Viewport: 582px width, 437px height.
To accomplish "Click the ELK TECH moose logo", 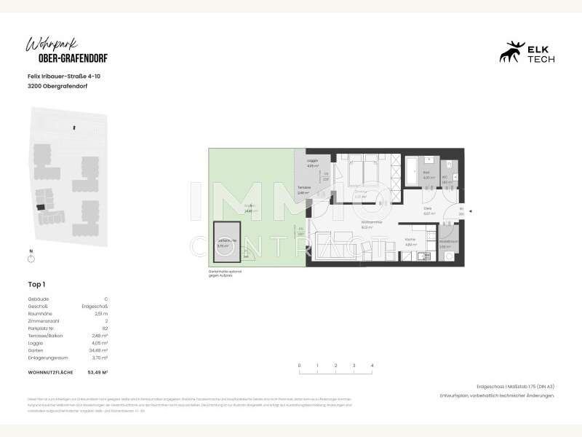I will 512,52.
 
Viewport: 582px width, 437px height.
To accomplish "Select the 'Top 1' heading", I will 36,285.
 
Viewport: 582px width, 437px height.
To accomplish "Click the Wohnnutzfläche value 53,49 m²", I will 97,372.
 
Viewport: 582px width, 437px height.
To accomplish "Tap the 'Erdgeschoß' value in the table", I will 96,307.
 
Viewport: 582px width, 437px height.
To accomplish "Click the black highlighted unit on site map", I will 41,208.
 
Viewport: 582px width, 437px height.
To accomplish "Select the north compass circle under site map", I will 31,259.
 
